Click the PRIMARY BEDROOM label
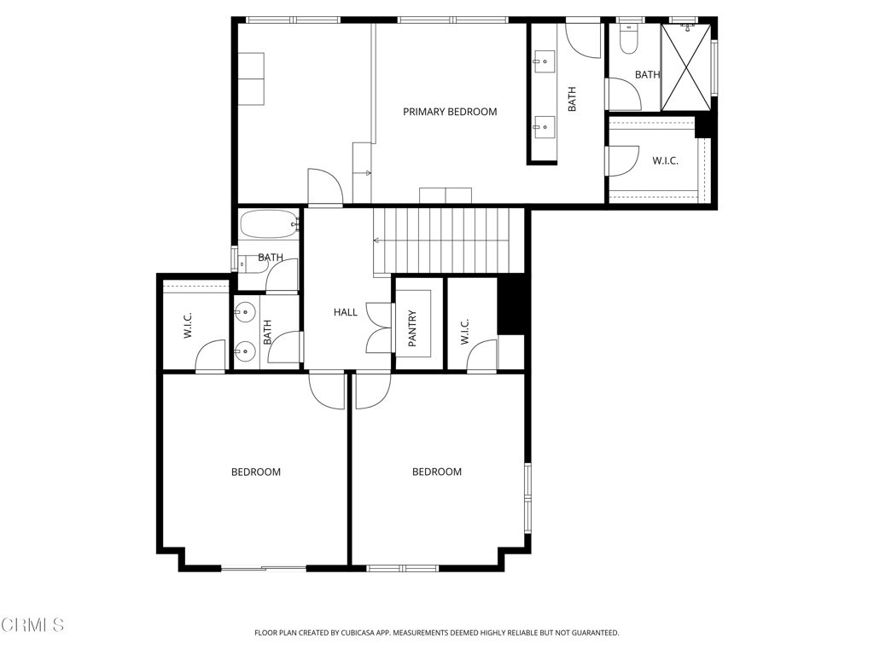450,112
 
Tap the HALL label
346,312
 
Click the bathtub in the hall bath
268,225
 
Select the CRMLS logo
32,625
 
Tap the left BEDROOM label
256,472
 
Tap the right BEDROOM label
437,472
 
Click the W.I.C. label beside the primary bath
666,161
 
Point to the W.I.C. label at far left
189,326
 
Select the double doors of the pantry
378,327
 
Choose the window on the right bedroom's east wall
527,496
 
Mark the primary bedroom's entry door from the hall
325,188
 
